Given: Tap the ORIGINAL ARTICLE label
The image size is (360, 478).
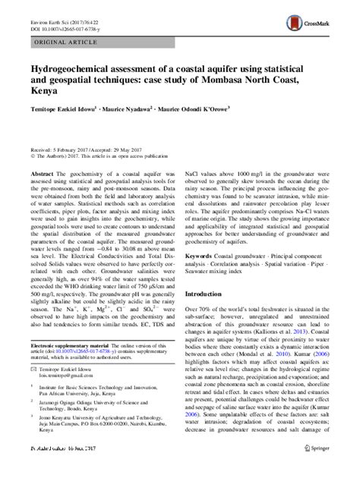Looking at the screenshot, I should click(62, 44).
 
